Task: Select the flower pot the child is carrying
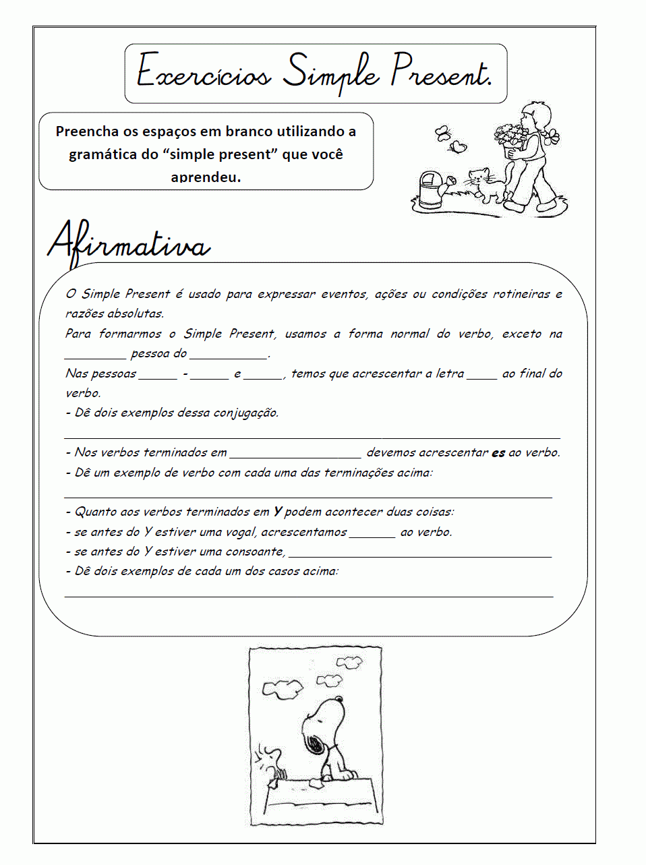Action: pos(513,140)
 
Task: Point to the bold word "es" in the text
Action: pos(498,453)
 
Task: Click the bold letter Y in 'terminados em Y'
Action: pos(277,512)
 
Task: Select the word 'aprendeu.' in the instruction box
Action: pos(206,177)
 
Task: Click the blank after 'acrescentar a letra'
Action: pos(481,376)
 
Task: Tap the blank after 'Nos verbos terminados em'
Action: pos(295,454)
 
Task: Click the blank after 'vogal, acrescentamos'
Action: pos(372,534)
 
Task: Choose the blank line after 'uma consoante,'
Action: pos(419,554)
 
